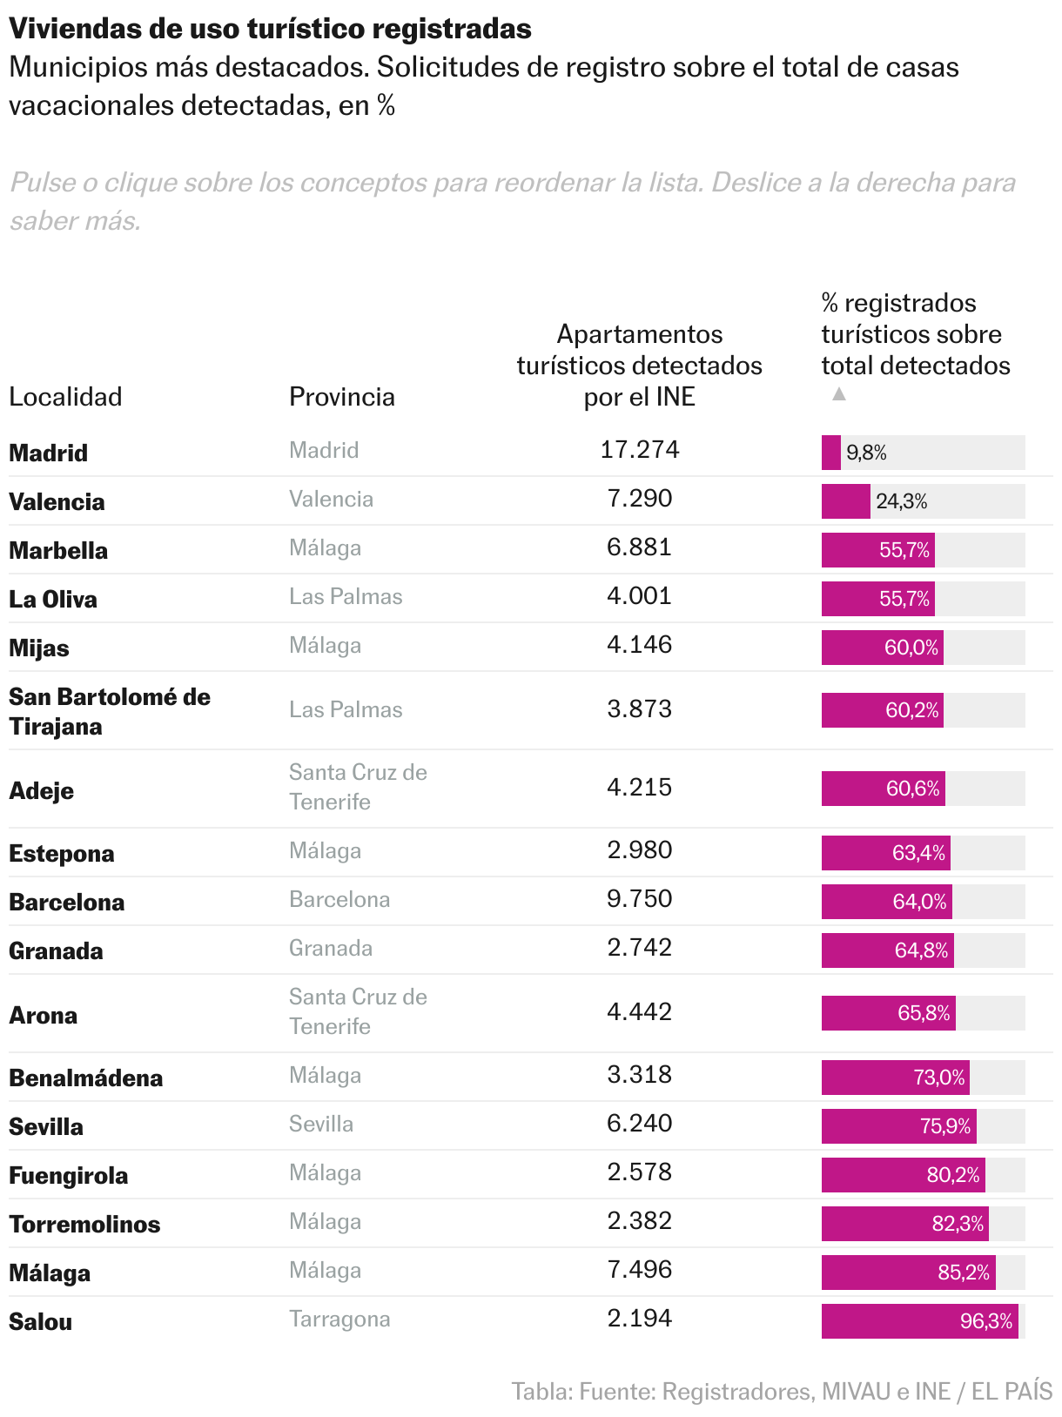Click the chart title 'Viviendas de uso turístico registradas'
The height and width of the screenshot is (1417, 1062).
(x=270, y=29)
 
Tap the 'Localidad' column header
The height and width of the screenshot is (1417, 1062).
(x=65, y=397)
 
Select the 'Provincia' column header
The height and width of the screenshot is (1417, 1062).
(x=342, y=397)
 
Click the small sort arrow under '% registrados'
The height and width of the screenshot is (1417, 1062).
(x=839, y=394)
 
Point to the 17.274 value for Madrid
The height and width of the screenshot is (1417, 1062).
(x=640, y=450)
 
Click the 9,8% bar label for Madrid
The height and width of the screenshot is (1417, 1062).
(x=866, y=453)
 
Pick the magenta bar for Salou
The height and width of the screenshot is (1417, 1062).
(x=919, y=1321)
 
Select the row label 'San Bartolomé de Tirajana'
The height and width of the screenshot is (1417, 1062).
(x=110, y=711)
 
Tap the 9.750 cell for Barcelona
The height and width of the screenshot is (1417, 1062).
(x=640, y=899)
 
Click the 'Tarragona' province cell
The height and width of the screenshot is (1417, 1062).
(x=339, y=1319)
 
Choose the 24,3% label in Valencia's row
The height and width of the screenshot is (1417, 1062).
(x=901, y=501)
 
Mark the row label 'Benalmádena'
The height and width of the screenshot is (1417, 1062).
(x=85, y=1078)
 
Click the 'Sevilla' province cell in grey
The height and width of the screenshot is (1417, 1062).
(x=321, y=1124)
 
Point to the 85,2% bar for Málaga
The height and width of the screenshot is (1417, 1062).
(x=908, y=1273)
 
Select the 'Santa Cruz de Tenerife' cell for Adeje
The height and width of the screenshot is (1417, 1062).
(x=358, y=787)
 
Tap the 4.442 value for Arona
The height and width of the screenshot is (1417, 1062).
(x=640, y=1012)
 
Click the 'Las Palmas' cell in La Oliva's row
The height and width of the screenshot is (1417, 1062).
(x=346, y=596)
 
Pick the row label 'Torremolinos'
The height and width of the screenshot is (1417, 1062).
(x=84, y=1225)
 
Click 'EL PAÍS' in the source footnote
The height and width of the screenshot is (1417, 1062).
(x=1012, y=1391)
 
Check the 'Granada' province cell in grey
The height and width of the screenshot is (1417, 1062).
(x=331, y=948)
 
